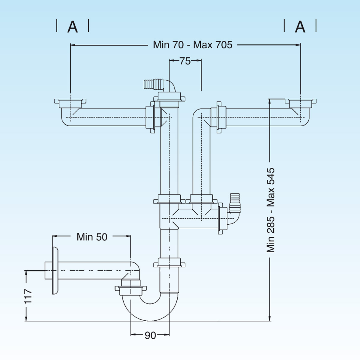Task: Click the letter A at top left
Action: (73, 27)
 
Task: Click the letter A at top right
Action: (300, 27)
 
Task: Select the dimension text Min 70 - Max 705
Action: (193, 45)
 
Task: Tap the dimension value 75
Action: (185, 61)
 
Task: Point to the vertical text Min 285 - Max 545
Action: (271, 210)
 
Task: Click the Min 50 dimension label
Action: (92, 237)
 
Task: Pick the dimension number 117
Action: (28, 296)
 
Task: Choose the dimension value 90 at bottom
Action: (150, 335)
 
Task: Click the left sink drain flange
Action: (70, 103)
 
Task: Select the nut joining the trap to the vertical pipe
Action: (169, 264)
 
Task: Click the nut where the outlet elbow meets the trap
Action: (131, 288)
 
